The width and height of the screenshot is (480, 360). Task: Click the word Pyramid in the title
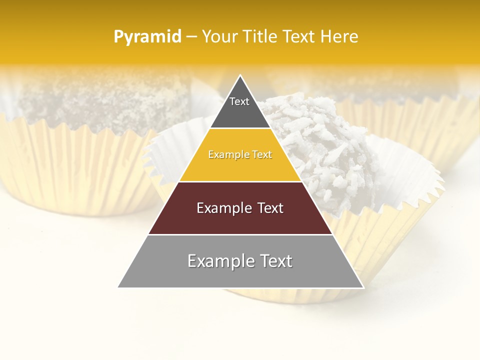(147, 37)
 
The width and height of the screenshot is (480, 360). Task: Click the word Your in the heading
(220, 37)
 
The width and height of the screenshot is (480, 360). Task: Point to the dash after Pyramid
(191, 37)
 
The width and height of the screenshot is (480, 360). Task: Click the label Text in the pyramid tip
(239, 101)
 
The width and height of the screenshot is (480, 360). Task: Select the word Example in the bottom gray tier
(218, 261)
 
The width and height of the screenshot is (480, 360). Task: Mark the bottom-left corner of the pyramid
(118, 287)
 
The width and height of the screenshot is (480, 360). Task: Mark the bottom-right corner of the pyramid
(363, 287)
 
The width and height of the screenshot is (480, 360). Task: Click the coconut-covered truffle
(320, 140)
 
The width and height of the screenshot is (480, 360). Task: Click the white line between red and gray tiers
(240, 234)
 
